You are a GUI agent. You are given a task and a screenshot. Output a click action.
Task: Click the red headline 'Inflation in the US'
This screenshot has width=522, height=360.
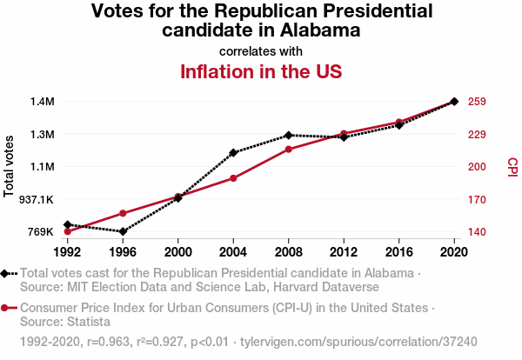[260, 71]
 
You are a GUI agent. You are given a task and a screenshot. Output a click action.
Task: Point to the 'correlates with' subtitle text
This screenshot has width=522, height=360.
[260, 51]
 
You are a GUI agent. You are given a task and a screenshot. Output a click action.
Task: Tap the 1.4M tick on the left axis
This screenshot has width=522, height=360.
[42, 102]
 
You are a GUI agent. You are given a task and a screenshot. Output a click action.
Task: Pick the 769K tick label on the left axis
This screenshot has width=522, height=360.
[42, 232]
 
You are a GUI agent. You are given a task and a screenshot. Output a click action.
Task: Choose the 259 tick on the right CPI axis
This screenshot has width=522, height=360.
[476, 102]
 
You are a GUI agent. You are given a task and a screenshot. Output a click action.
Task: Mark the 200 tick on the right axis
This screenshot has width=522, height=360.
[476, 167]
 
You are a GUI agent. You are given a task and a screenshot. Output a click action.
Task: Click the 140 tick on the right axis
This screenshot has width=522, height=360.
[476, 232]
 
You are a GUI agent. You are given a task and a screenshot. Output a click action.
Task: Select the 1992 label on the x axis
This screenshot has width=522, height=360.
[67, 252]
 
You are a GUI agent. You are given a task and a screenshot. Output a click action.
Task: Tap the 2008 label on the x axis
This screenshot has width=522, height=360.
[288, 252]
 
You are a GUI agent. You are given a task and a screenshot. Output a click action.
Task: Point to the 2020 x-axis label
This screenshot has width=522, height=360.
[454, 252]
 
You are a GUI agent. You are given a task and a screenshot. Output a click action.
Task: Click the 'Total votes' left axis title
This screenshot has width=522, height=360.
[10, 166]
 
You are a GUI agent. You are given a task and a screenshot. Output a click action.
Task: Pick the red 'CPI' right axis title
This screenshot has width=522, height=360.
[512, 166]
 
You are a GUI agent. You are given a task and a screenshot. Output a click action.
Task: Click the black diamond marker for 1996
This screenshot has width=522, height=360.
[123, 231]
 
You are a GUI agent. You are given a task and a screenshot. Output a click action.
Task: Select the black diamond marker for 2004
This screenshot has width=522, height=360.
[233, 153]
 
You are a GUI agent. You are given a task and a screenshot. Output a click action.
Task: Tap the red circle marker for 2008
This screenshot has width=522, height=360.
[289, 150]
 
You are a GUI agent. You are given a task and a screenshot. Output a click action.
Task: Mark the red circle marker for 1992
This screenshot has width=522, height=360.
[67, 231]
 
